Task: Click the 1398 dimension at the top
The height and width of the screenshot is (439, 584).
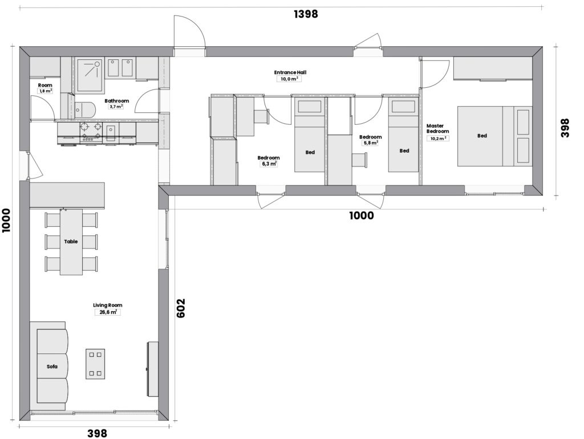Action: click(x=306, y=14)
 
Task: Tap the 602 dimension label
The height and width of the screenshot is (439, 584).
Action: click(x=180, y=308)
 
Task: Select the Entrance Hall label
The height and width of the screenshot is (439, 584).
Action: click(x=290, y=72)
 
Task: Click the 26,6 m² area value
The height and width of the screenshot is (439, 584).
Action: click(x=108, y=312)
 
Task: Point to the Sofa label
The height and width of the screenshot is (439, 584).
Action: click(x=52, y=367)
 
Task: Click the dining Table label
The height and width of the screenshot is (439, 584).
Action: click(x=71, y=241)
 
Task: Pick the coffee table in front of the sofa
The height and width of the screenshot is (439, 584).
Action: click(x=95, y=364)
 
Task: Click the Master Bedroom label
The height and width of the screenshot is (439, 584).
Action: click(x=437, y=128)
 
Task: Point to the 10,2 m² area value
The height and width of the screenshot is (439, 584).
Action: click(x=438, y=139)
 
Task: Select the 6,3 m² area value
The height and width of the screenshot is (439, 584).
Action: click(x=268, y=164)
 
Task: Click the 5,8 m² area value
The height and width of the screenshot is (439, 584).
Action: click(x=370, y=143)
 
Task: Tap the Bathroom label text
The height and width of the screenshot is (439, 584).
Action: click(x=116, y=100)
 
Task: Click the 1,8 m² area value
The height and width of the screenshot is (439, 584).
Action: click(x=46, y=91)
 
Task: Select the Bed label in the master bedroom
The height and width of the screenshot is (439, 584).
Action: click(x=482, y=136)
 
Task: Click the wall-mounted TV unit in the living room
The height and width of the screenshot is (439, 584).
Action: click(x=152, y=369)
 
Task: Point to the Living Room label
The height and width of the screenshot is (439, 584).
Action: click(x=108, y=306)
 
